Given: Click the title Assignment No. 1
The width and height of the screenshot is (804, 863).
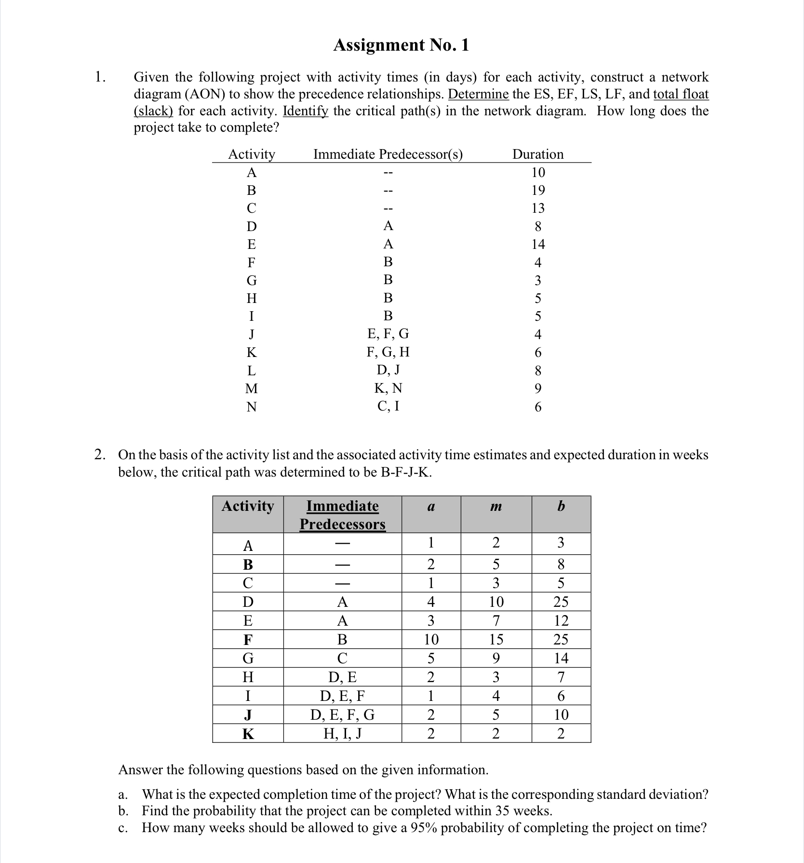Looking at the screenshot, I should click(x=401, y=45).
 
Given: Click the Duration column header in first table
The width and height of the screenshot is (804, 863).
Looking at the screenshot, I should click(x=537, y=154).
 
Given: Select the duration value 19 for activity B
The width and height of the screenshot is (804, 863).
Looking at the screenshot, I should click(x=538, y=190).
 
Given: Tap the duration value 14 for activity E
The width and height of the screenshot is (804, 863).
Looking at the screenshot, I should click(x=538, y=245).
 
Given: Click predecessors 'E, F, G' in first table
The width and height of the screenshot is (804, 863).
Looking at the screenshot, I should click(x=388, y=334).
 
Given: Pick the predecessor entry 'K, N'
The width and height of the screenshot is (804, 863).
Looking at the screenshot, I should click(x=388, y=388).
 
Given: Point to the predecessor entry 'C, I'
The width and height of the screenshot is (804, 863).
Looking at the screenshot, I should click(x=388, y=406).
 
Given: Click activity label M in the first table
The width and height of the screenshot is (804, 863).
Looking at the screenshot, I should click(x=252, y=389).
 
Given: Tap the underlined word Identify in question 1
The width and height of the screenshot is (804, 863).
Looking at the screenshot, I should click(x=306, y=111).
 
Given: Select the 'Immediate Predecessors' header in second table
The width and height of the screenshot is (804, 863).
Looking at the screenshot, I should click(x=342, y=515).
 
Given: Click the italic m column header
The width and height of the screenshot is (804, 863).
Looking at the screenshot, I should click(x=496, y=506).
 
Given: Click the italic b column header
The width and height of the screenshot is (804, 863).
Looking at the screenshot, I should click(x=561, y=506).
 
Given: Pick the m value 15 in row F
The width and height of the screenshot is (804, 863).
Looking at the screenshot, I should click(x=496, y=640).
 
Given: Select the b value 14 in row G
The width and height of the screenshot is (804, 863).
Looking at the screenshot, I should click(x=561, y=658).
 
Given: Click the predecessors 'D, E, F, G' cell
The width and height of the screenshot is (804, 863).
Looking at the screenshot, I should click(x=342, y=714).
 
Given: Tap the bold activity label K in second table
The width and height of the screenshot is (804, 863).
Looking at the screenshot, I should click(x=248, y=734).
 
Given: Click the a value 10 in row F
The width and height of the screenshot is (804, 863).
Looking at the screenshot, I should click(x=431, y=640).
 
